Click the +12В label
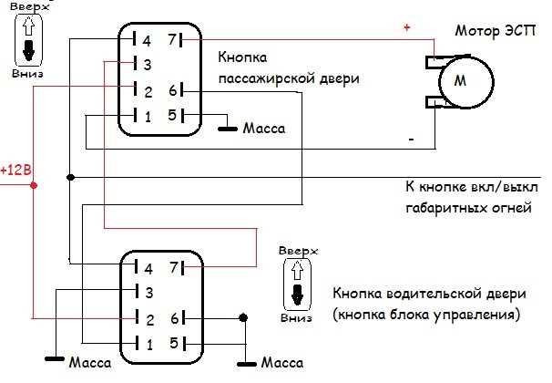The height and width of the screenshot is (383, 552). (x=15, y=171)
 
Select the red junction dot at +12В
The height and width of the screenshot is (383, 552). (x=34, y=185)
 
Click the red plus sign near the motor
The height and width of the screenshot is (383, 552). (x=406, y=29)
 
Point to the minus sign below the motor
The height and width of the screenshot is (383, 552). (x=411, y=140)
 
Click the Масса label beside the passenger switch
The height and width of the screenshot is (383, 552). (x=264, y=129)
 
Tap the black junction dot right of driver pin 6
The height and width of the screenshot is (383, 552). (x=242, y=318)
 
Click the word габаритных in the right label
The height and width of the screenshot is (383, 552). (x=444, y=208)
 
